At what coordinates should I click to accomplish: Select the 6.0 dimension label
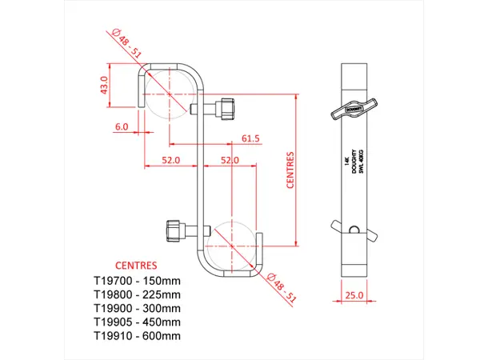tap(122, 126)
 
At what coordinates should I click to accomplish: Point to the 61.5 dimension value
tap(251, 138)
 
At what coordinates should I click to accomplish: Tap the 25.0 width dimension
tap(354, 294)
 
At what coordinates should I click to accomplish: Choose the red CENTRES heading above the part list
tap(136, 265)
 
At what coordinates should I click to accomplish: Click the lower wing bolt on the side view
tap(353, 231)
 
